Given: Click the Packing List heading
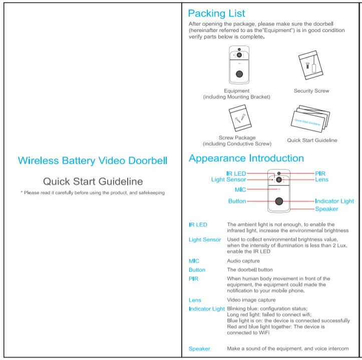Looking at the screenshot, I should (216, 13).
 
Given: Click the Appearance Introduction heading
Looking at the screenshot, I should (246, 158).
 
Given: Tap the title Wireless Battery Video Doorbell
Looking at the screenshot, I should (93, 160).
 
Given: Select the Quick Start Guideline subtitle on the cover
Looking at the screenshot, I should (93, 181).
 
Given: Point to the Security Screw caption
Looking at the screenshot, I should (311, 91).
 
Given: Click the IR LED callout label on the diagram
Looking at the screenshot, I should (236, 173).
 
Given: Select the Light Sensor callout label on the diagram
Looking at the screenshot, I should (228, 179).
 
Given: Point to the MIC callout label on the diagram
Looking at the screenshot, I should (240, 189).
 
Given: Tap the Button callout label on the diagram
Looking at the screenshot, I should (237, 201).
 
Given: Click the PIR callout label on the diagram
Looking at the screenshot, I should (320, 173).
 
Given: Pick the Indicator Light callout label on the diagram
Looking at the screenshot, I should (334, 201).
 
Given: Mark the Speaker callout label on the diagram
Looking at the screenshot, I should (326, 209).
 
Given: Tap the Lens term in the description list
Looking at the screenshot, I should (195, 300).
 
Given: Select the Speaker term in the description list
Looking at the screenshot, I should (199, 348).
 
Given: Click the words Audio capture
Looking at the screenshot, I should (243, 261).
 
